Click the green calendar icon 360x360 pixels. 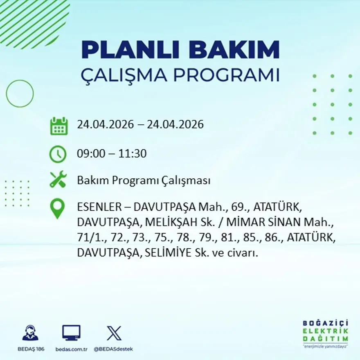pyautogui.click(x=59, y=126)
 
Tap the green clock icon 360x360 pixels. pyautogui.click(x=58, y=154)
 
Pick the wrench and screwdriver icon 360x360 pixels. pyautogui.click(x=58, y=180)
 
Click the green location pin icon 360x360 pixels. pyautogui.click(x=57, y=208)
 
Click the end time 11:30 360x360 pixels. pyautogui.click(x=133, y=154)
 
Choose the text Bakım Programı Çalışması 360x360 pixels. pyautogui.click(x=144, y=180)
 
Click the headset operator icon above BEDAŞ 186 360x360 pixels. pyautogui.click(x=30, y=333)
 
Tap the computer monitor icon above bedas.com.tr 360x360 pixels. pyautogui.click(x=71, y=333)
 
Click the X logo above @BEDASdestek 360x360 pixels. pyautogui.click(x=113, y=333)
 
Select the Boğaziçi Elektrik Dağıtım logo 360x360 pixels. pyautogui.click(x=325, y=333)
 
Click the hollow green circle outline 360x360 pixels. pyautogui.click(x=20, y=94)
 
